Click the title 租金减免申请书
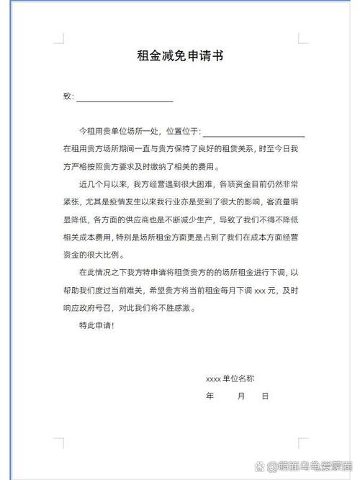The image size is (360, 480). point(179,56)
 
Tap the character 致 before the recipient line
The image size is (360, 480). point(67,96)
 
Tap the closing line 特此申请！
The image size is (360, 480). point(96,326)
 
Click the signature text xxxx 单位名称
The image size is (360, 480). point(230,379)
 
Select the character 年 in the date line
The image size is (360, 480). point(210,396)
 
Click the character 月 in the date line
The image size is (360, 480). point(241,396)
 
